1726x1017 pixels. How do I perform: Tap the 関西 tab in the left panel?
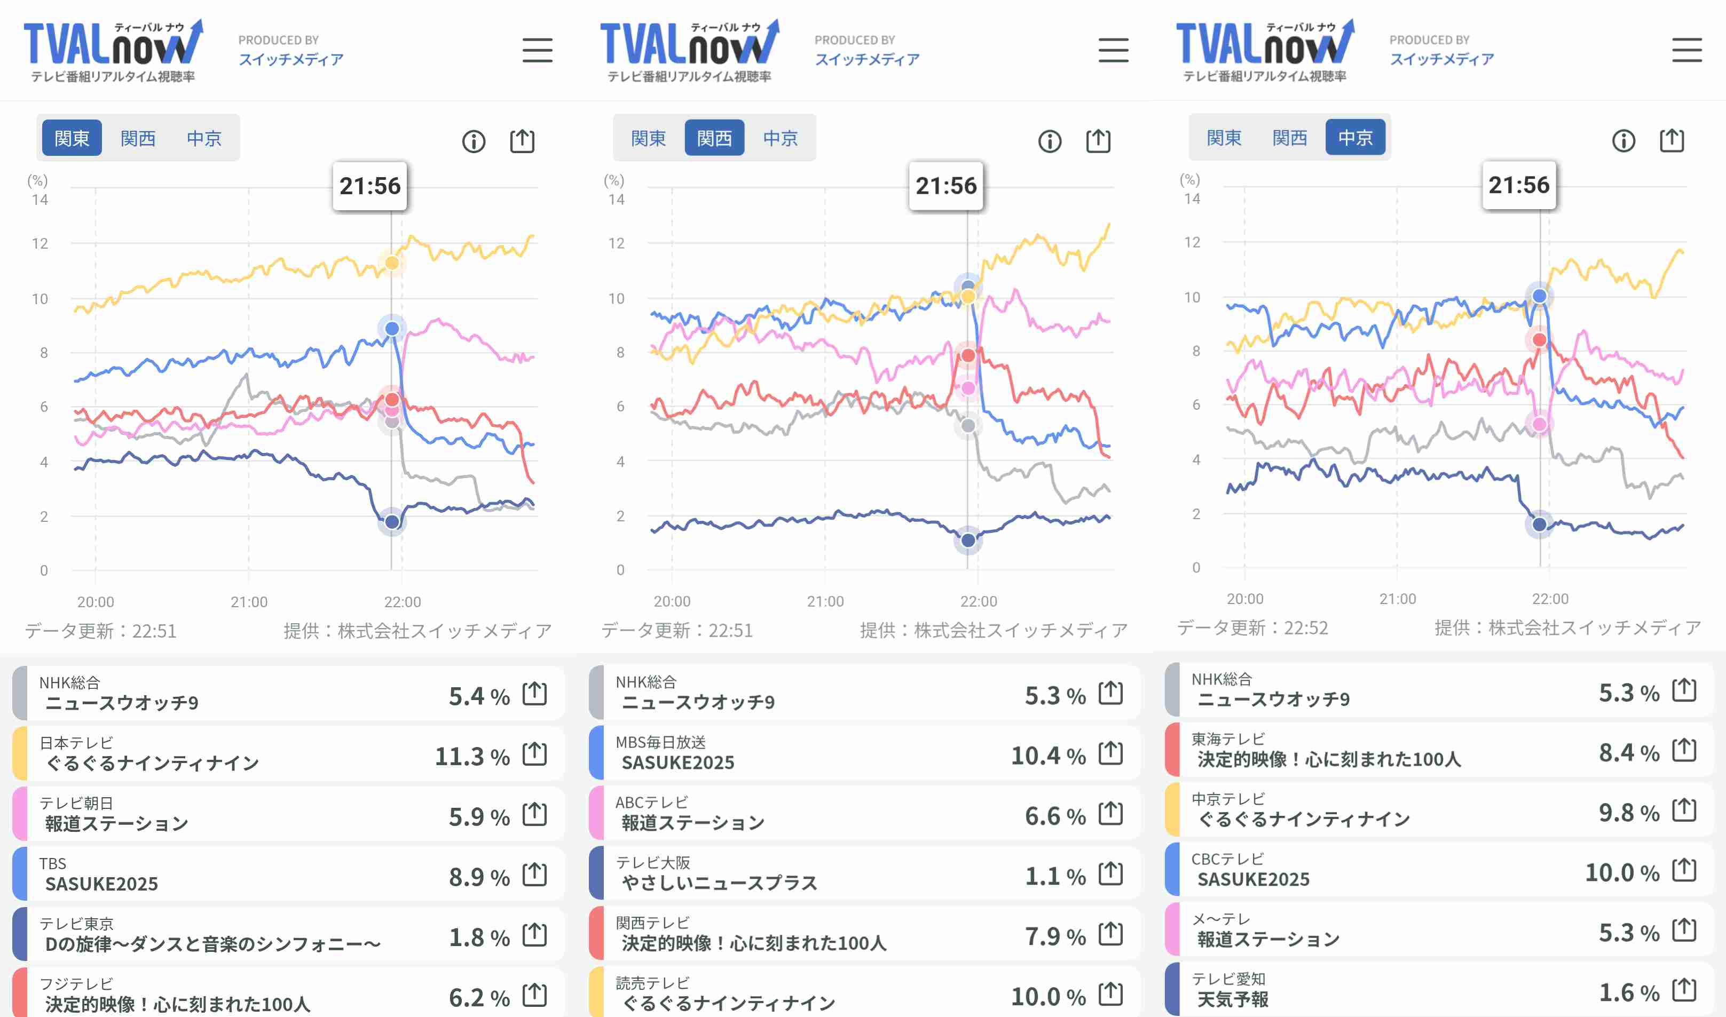click(138, 138)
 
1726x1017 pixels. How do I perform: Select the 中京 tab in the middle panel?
click(780, 138)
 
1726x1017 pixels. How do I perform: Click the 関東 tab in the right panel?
click(1224, 138)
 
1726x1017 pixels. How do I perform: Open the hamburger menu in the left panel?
click(537, 51)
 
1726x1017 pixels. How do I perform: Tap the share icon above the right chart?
click(1671, 140)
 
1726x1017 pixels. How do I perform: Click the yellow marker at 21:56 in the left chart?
click(392, 263)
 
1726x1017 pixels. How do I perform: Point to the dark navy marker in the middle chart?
click(968, 540)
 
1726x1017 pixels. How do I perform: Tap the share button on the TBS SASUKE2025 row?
click(534, 875)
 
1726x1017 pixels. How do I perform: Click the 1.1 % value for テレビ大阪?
click(1055, 876)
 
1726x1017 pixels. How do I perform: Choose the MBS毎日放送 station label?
click(660, 742)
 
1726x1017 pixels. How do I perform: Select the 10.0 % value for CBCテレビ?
click(1622, 872)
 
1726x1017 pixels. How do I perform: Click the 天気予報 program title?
click(1233, 999)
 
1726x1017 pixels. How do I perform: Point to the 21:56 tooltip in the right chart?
click(1519, 185)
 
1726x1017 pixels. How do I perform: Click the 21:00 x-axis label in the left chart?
click(249, 602)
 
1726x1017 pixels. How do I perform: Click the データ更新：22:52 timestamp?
click(1252, 627)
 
